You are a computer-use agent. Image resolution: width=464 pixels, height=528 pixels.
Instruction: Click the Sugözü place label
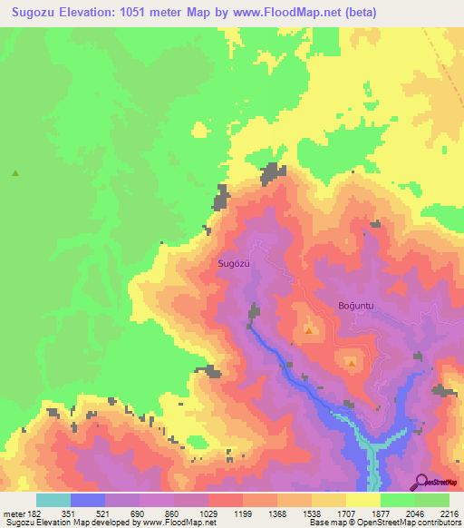[x=233, y=263]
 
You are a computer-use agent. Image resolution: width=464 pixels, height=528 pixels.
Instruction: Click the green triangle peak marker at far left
[x=15, y=172]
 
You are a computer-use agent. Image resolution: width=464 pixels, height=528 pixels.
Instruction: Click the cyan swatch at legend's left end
[x=53, y=500]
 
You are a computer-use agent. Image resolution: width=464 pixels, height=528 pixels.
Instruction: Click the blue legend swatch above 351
[x=87, y=500]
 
